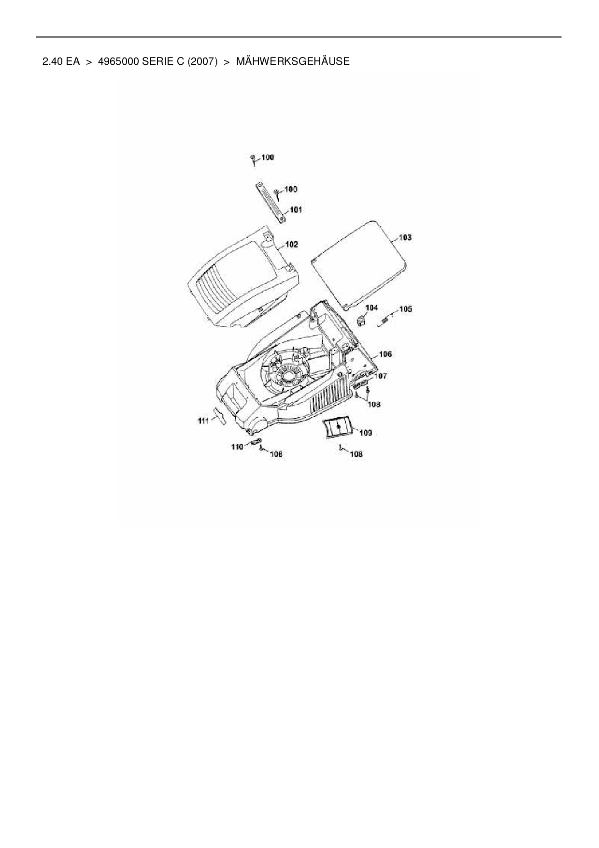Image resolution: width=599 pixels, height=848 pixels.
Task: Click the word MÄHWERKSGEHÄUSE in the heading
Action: tap(293, 61)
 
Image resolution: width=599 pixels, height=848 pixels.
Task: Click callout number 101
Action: tap(296, 210)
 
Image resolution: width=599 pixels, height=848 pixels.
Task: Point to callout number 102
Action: tap(291, 245)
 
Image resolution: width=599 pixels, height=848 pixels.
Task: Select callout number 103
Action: tap(405, 237)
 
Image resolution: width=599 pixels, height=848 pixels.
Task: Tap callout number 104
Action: tap(371, 308)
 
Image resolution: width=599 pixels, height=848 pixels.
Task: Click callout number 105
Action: tap(406, 309)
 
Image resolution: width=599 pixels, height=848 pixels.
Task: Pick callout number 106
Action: tap(385, 354)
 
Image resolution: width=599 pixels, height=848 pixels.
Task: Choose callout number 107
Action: tap(381, 376)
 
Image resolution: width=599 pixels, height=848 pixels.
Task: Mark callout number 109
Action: tap(366, 433)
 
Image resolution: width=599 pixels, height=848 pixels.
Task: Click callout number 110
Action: tap(237, 447)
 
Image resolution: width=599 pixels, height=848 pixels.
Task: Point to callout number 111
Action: tap(203, 421)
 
